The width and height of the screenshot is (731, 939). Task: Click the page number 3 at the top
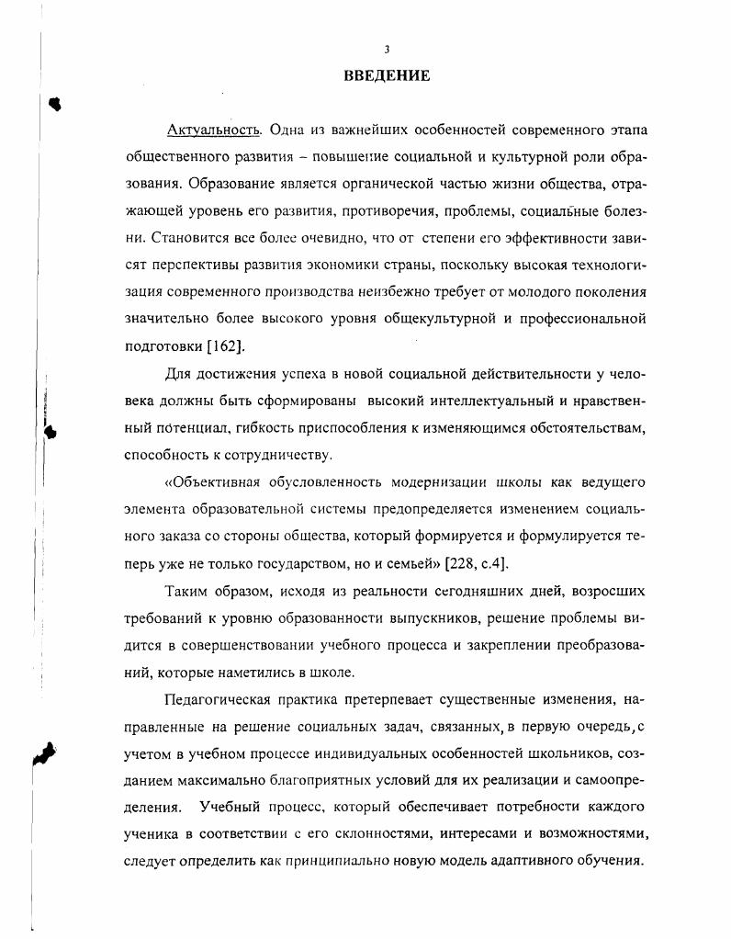(x=387, y=50)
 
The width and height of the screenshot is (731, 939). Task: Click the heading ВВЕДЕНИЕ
(x=387, y=76)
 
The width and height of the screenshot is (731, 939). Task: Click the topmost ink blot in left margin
(x=56, y=104)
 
